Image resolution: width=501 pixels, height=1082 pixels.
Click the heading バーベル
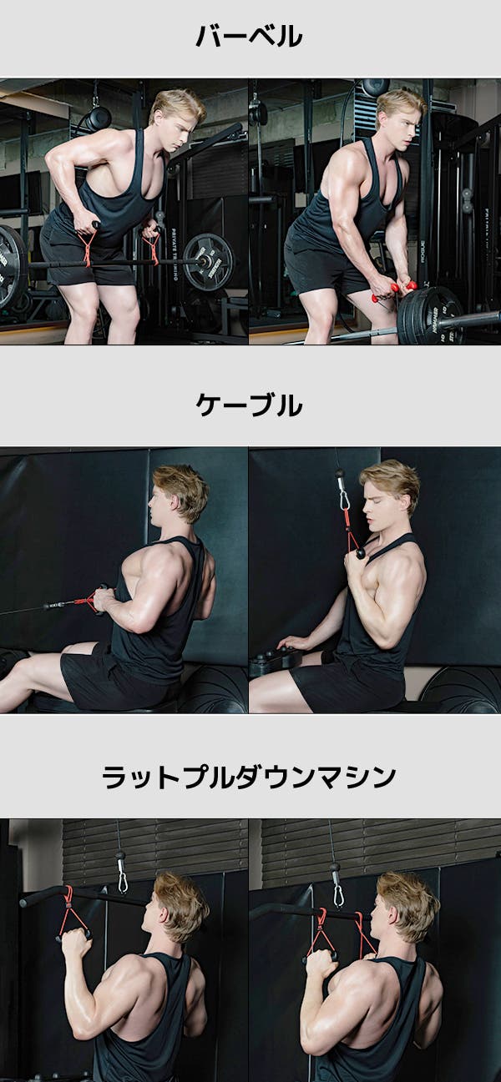click(x=249, y=36)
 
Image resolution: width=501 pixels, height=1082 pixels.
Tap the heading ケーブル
click(x=249, y=405)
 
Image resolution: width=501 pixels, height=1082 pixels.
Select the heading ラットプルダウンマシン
click(x=249, y=778)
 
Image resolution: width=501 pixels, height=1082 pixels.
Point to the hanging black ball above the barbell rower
click(x=99, y=118)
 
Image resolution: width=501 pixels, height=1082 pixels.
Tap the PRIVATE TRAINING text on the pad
click(x=175, y=255)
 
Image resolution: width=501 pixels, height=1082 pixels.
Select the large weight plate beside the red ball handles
click(x=432, y=315)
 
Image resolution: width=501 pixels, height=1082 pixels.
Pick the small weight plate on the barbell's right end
click(x=208, y=261)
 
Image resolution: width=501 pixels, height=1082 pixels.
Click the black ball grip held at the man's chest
click(x=361, y=553)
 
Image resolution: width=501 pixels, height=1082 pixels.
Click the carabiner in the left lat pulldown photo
click(x=123, y=879)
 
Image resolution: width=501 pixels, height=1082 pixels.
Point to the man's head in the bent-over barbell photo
click(x=176, y=119)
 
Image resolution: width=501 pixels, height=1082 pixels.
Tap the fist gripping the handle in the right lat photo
click(x=318, y=962)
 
